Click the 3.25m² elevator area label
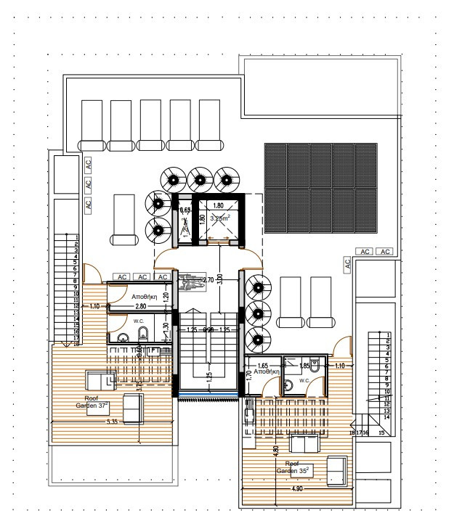[x=219, y=218]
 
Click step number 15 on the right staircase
[x=381, y=432]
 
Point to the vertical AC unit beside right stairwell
[x=347, y=266]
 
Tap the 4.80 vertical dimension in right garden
[x=276, y=450]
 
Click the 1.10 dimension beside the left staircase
[x=94, y=307]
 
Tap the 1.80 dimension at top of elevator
[x=219, y=206]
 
